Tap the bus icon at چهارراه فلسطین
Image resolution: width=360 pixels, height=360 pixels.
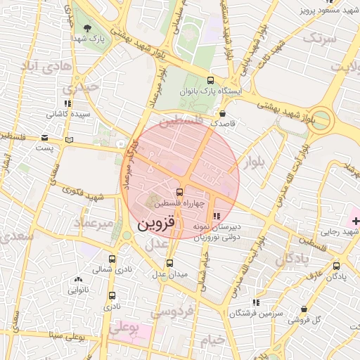click(179, 191)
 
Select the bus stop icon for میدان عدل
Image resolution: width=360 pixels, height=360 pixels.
click(169, 264)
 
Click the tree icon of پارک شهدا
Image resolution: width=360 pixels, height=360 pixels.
click(87, 28)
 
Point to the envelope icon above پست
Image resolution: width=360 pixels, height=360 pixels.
click(45, 138)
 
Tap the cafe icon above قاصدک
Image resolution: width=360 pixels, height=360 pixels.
click(223, 112)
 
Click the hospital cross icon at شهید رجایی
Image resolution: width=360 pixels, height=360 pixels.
click(356, 221)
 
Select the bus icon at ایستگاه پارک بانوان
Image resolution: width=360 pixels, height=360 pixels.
click(212, 81)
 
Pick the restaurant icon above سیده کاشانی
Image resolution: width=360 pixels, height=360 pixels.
click(67, 103)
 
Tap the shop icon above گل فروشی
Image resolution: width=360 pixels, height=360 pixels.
click(304, 309)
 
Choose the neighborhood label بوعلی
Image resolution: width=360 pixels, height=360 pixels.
click(124, 327)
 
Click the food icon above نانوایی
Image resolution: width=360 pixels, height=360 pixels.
click(77, 279)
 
